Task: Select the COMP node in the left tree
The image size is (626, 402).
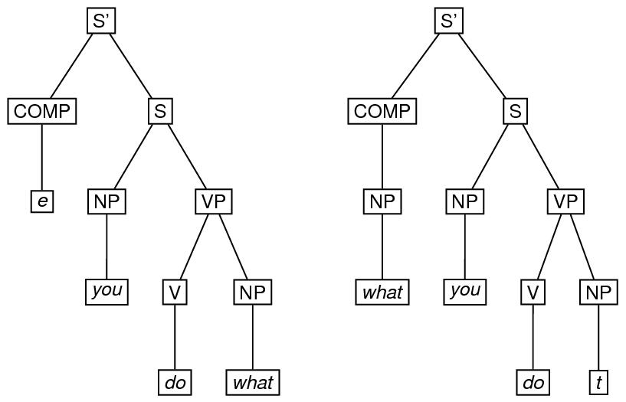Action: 41,112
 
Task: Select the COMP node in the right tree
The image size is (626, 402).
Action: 382,112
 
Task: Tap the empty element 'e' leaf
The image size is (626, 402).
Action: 42,201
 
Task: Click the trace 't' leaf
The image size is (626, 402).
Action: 598,381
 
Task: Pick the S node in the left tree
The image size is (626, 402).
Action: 159,112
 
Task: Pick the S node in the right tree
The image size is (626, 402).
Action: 515,112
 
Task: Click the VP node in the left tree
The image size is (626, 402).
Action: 212,201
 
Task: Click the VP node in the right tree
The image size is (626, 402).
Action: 565,201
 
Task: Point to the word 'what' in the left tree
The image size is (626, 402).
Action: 252,381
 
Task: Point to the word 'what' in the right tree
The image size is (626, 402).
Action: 382,292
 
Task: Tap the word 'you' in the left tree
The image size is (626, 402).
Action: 107,292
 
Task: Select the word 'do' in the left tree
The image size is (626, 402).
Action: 175,381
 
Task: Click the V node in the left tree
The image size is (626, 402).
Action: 175,292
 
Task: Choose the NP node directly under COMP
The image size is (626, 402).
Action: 382,201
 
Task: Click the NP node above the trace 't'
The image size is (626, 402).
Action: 598,292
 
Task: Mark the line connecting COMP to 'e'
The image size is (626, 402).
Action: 41,157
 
